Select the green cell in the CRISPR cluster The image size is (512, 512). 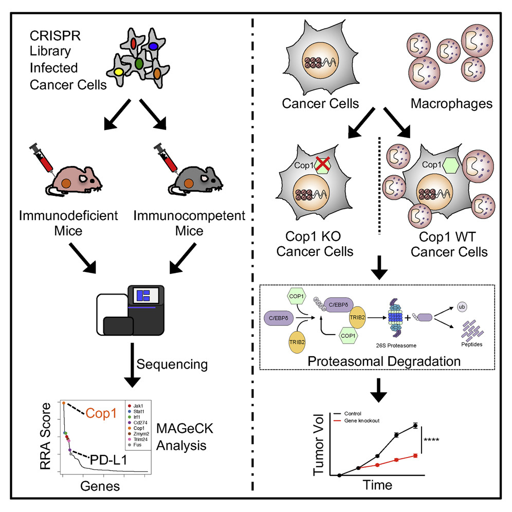tap(138, 64)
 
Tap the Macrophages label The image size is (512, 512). tap(452, 104)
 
